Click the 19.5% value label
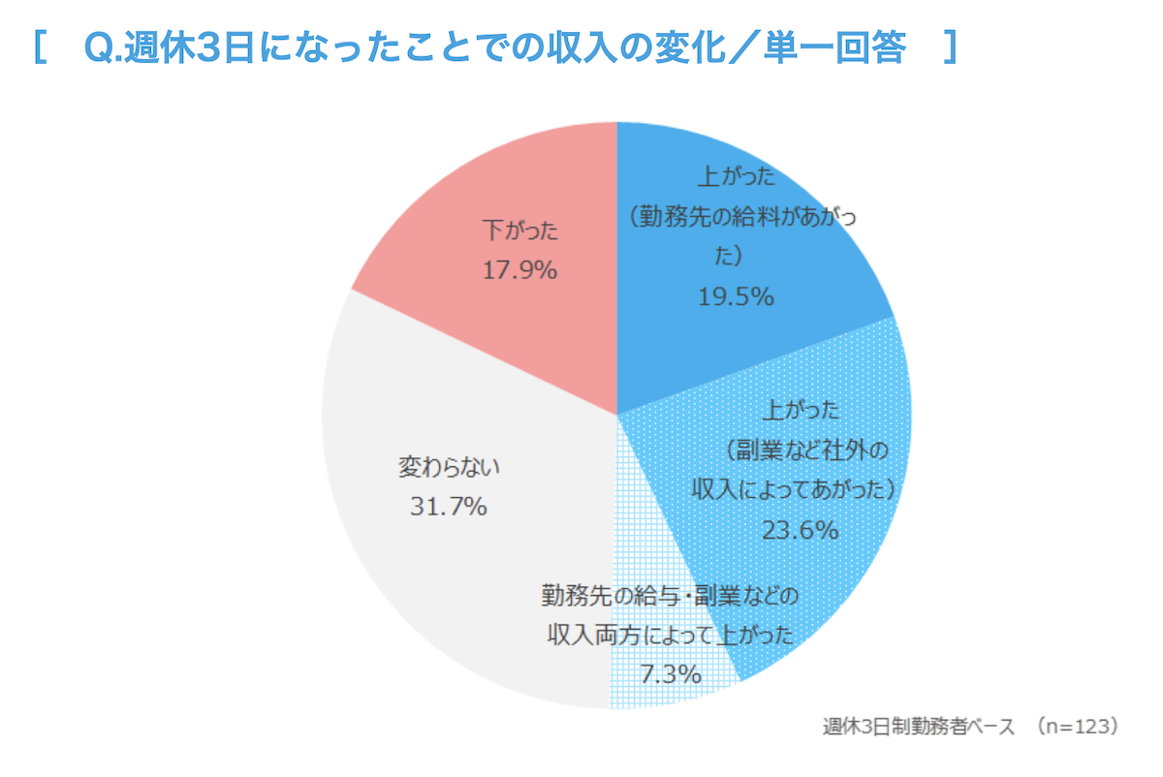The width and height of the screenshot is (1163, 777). click(x=736, y=296)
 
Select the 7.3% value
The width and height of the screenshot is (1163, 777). click(x=671, y=673)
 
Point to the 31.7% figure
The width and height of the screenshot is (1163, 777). click(x=448, y=506)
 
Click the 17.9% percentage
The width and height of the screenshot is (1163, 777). click(x=520, y=270)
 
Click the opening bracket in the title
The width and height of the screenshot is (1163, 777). click(x=40, y=47)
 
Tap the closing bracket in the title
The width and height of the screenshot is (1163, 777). click(x=951, y=47)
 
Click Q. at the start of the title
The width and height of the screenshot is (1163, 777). click(x=101, y=47)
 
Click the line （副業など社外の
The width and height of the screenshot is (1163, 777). click(x=806, y=451)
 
